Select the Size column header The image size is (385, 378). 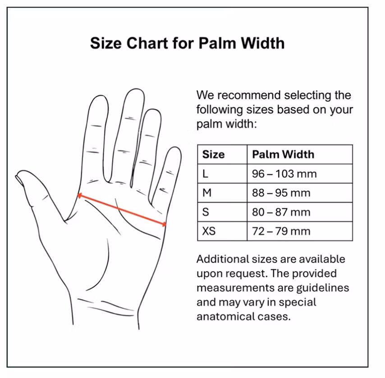point(213,154)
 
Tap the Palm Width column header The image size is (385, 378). point(283,154)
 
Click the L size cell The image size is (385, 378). point(205,174)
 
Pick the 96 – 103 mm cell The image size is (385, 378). point(284,174)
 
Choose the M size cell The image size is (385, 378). point(207,193)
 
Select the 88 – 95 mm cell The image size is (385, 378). point(281,193)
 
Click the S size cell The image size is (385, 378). point(206,212)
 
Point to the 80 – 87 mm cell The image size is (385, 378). point(281,212)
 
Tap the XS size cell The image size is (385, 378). point(209,231)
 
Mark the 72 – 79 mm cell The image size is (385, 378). point(281,231)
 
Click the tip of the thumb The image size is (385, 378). point(17,175)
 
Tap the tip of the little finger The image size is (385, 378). point(175,148)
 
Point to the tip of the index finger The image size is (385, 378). point(100,96)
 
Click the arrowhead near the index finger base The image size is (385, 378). point(79,195)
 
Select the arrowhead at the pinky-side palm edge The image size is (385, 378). point(164,224)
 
